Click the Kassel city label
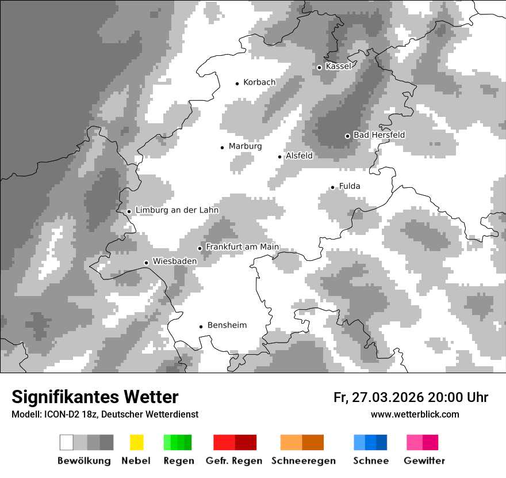(x=338, y=66)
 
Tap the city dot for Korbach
(x=237, y=84)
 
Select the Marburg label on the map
(x=245, y=146)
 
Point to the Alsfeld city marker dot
(x=280, y=157)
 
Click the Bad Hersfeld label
(x=379, y=135)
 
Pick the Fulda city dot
(x=332, y=187)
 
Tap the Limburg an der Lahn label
(x=177, y=210)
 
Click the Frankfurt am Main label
(x=242, y=247)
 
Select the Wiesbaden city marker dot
(x=147, y=263)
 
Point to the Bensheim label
(x=227, y=325)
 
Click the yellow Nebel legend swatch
(x=136, y=442)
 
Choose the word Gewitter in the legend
(x=424, y=461)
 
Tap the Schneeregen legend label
(x=304, y=461)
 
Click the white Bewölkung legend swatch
(x=67, y=442)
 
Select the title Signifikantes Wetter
(x=95, y=397)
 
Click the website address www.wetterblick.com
(x=415, y=415)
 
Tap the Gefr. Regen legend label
(x=234, y=461)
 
